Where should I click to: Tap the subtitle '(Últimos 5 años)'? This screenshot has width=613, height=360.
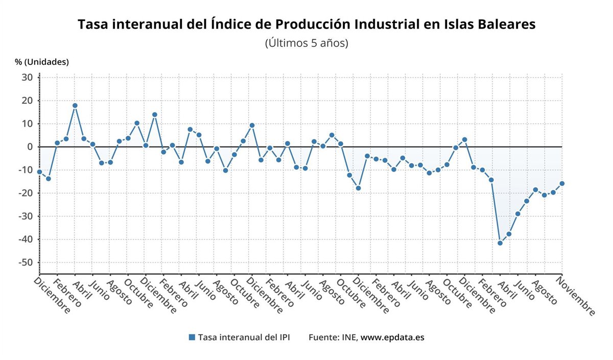pos(306,43)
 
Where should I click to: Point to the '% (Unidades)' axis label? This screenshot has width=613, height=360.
pos(42,62)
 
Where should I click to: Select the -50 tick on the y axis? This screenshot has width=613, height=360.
pos(26,262)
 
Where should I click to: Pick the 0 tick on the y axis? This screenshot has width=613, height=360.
pos(30,147)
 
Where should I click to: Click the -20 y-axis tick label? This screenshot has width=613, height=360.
pos(26,193)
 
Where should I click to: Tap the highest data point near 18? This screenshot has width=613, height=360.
pos(75,106)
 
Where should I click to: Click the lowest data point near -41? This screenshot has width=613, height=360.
pos(500,243)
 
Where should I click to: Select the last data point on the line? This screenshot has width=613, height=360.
pos(562,183)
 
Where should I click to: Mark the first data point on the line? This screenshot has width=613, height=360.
pos(39,172)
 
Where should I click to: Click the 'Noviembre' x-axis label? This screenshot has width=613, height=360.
pos(576,296)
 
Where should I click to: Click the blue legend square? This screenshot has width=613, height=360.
pos(192,337)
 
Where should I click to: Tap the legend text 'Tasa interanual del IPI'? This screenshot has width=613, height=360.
pos(244,337)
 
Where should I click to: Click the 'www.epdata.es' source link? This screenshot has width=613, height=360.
pos(392,337)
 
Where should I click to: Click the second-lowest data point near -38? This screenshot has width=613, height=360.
pos(509,234)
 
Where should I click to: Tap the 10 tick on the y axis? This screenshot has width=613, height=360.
pos(28,124)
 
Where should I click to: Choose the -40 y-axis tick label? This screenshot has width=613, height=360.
pos(26,239)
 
